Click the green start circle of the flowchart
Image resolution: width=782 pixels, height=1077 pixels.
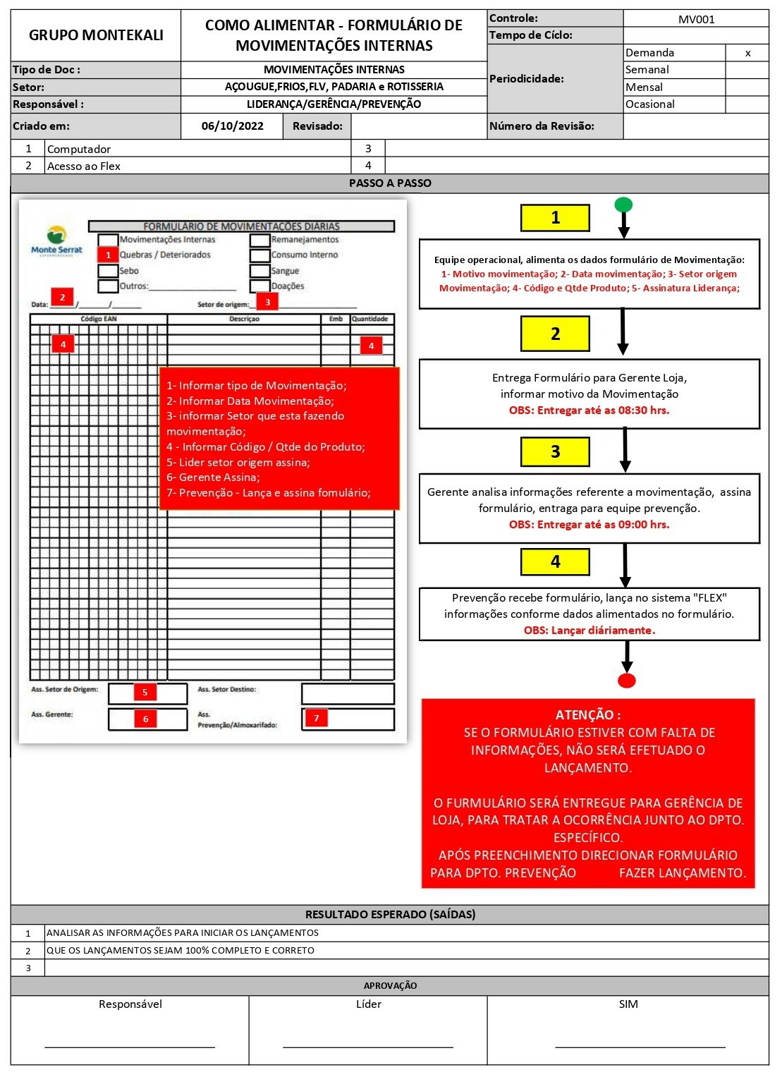click(623, 205)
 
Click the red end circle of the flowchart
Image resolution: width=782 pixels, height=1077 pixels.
click(626, 681)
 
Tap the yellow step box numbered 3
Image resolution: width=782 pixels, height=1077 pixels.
click(555, 452)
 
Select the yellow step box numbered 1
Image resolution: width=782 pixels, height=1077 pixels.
click(555, 218)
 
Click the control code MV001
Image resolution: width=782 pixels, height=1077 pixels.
click(696, 19)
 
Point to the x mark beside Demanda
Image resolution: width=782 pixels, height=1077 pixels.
click(747, 53)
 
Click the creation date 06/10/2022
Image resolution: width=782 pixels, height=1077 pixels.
click(232, 126)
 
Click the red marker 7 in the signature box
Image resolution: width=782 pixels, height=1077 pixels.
click(317, 718)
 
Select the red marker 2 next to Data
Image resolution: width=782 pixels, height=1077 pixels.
click(62, 297)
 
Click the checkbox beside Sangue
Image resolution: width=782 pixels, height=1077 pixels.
click(259, 271)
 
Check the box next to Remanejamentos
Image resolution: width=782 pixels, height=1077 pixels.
click(259, 240)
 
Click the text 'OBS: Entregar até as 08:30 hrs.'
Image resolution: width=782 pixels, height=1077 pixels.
click(589, 410)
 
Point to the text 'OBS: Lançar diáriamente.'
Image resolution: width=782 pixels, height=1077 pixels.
click(589, 631)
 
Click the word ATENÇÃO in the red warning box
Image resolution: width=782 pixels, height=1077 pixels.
click(588, 714)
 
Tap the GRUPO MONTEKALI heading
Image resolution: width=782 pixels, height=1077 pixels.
click(96, 35)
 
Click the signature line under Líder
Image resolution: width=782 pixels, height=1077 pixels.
click(368, 1047)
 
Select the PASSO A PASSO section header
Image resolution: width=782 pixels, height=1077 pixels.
click(390, 183)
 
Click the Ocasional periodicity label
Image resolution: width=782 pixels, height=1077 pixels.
click(650, 104)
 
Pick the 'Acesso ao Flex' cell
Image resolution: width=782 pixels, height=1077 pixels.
click(84, 166)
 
